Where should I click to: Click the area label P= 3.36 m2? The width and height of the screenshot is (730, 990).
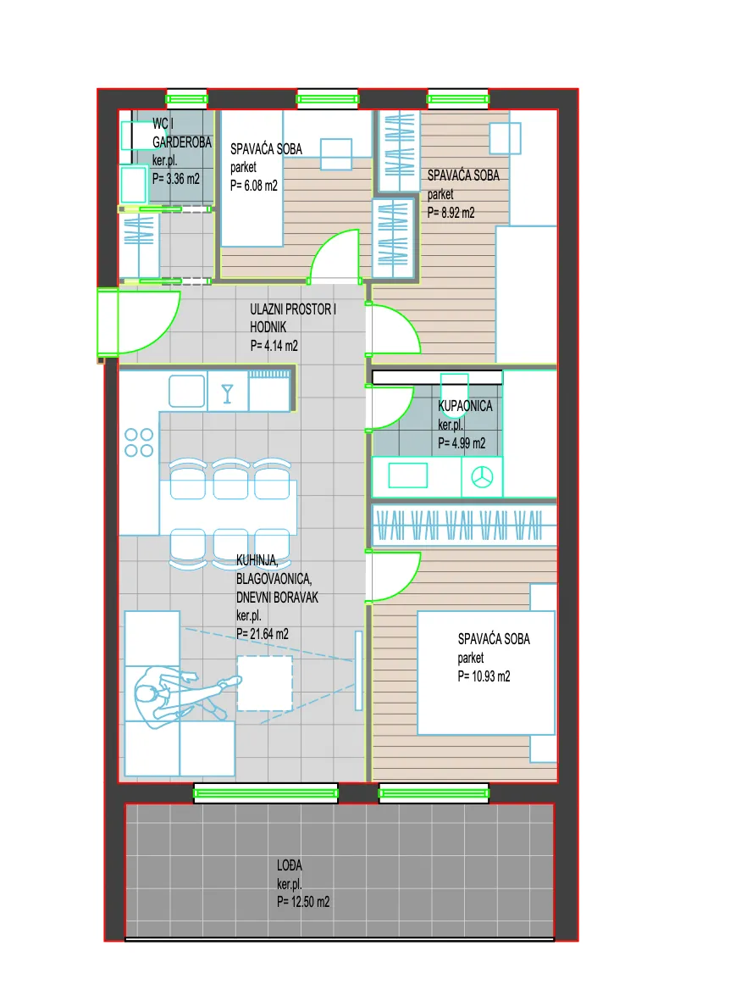pyautogui.click(x=176, y=180)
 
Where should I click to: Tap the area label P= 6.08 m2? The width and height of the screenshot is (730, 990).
pyautogui.click(x=254, y=186)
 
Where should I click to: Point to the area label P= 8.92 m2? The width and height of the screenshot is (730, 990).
pyautogui.click(x=451, y=213)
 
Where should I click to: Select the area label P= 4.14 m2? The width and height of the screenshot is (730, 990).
pyautogui.click(x=274, y=346)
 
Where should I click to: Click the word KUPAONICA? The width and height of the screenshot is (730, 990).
pyautogui.click(x=465, y=406)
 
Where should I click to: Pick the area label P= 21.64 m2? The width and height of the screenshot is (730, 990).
pyautogui.click(x=263, y=634)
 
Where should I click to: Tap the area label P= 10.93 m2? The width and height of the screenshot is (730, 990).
pyautogui.click(x=484, y=676)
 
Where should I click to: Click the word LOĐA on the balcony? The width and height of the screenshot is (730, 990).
pyautogui.click(x=290, y=865)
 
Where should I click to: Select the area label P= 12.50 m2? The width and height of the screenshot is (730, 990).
pyautogui.click(x=303, y=902)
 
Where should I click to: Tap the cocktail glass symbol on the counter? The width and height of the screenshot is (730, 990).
pyautogui.click(x=227, y=393)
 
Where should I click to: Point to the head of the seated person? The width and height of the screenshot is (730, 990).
pyautogui.click(x=147, y=694)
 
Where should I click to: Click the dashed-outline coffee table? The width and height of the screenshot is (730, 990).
pyautogui.click(x=264, y=683)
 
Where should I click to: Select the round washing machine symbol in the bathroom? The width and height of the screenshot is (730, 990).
pyautogui.click(x=482, y=476)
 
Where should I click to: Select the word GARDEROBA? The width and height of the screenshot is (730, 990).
pyautogui.click(x=182, y=142)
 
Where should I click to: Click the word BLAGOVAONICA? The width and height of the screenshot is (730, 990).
pyautogui.click(x=274, y=579)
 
